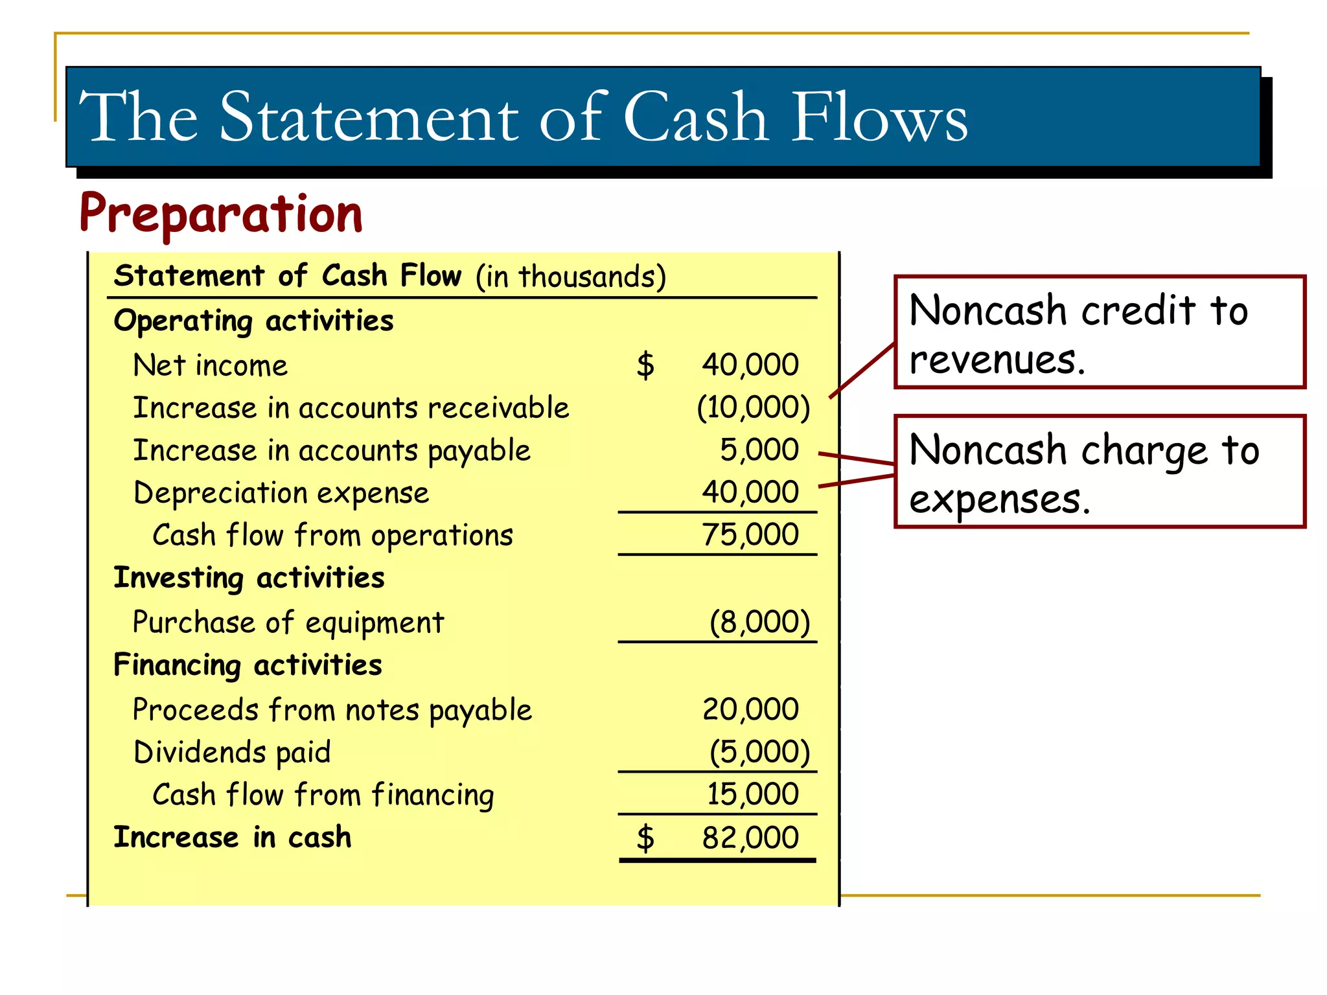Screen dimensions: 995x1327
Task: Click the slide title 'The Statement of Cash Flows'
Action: [523, 117]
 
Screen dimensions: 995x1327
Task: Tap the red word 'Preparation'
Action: [221, 214]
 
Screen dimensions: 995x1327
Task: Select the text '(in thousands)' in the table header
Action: [570, 277]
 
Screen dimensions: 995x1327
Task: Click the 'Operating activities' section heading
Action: [253, 321]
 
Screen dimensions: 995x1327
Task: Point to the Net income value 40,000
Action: [750, 365]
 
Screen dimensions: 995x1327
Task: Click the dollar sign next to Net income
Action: [645, 365]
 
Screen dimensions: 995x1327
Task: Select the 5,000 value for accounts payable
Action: [759, 450]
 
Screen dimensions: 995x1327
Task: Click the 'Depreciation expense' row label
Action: [281, 494]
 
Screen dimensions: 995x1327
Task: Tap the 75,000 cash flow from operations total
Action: [750, 535]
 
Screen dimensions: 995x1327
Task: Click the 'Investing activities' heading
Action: [249, 578]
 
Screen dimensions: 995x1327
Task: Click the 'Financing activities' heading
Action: [248, 665]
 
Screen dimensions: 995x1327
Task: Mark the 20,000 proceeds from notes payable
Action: [750, 709]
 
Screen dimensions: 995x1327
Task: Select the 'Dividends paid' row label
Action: [232, 753]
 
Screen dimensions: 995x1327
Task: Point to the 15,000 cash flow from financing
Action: [752, 794]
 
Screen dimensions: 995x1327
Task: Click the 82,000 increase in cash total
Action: [750, 838]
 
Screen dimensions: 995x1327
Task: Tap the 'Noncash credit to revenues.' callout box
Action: [1099, 332]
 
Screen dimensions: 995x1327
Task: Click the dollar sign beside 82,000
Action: [645, 838]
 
